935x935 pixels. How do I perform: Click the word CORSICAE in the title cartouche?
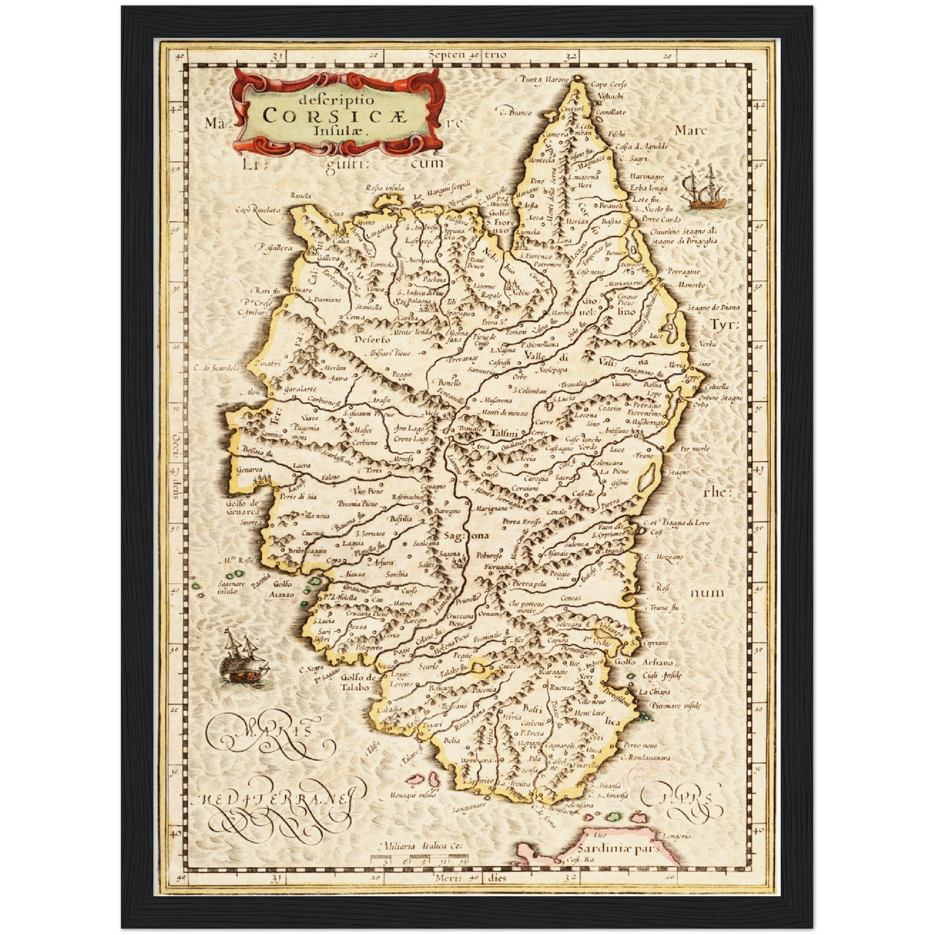point(334,115)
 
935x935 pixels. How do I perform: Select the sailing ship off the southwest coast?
point(243,659)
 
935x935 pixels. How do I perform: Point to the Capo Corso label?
point(609,85)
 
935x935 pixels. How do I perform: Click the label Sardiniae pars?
point(617,848)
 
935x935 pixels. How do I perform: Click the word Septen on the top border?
point(446,54)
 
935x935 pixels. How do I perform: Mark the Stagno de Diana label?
point(713,307)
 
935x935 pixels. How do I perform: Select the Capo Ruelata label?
point(258,210)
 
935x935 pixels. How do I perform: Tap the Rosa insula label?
point(384,188)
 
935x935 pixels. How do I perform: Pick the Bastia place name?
point(611,221)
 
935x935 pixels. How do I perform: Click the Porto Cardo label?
point(661,219)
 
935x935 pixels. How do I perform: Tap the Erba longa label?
point(648,188)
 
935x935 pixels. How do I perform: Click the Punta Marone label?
point(542,79)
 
